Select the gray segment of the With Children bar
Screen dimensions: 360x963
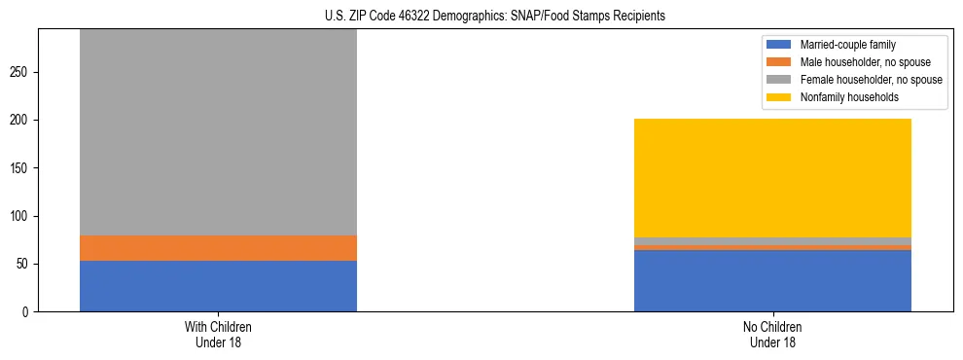[218, 132]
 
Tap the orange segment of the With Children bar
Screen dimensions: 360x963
[218, 248]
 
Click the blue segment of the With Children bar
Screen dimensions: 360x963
[218, 286]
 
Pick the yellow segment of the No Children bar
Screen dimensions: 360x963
[772, 178]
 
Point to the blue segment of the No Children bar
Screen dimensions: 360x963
[772, 281]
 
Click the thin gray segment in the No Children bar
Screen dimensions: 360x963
[772, 241]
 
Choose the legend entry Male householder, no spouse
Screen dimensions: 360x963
[863, 62]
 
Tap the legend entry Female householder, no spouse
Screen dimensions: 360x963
[869, 80]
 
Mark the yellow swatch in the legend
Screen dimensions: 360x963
[780, 97]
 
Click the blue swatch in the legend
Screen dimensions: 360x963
[780, 45]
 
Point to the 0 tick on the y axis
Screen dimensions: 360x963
[28, 312]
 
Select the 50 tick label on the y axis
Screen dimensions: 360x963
[25, 264]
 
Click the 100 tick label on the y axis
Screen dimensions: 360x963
[22, 216]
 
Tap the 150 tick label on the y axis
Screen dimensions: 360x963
[22, 168]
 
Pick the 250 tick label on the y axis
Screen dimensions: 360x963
[22, 73]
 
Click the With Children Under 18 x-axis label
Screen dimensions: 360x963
[218, 334]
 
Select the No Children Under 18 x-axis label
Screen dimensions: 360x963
[772, 334]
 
